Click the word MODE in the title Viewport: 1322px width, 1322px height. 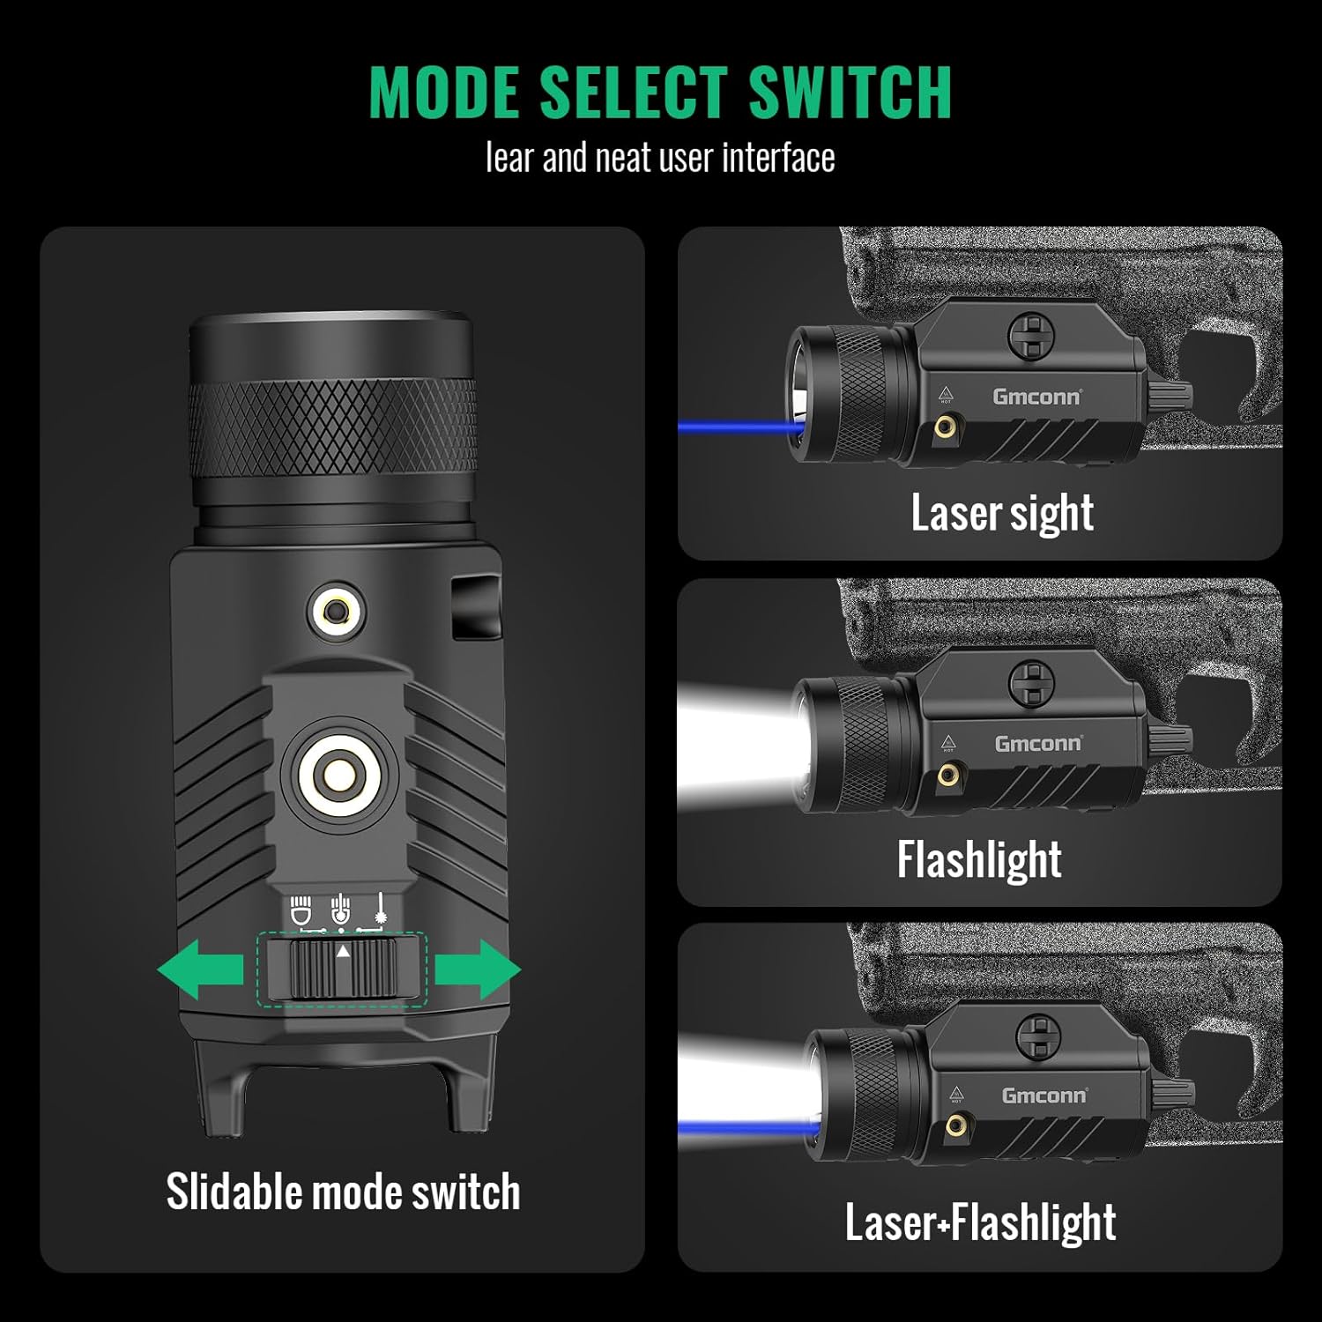443,92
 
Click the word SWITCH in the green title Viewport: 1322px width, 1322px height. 850,92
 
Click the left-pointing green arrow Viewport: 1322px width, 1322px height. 200,969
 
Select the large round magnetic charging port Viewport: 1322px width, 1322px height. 339,776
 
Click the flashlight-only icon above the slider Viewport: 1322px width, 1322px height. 301,911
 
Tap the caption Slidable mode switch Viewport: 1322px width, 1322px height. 343,1192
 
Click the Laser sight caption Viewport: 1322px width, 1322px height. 1002,513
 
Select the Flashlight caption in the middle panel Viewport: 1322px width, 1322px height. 979,859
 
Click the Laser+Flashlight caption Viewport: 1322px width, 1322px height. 980,1222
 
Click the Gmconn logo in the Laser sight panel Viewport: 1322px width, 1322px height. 1036,397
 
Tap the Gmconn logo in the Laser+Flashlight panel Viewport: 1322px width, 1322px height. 1044,1095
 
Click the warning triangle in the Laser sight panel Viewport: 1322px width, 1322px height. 946,393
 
